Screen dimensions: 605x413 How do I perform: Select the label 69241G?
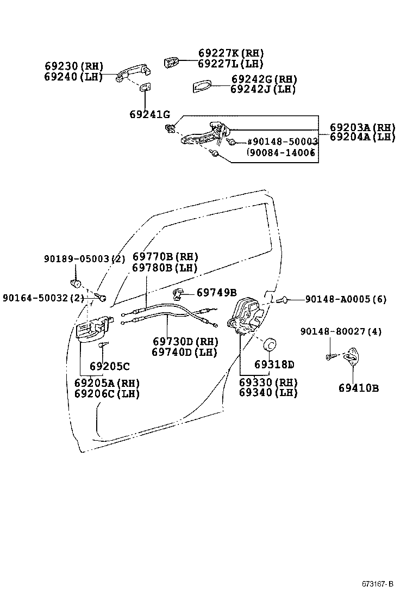tap(149, 115)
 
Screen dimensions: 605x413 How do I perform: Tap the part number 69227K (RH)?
tap(231, 53)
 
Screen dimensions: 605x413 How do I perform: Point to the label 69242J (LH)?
tap(263, 89)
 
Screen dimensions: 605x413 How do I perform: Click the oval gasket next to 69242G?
tap(204, 87)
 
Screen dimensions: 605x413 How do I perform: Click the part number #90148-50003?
tap(283, 141)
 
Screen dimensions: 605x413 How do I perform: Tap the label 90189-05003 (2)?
tap(84, 260)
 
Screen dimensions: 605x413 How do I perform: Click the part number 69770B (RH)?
tap(165, 257)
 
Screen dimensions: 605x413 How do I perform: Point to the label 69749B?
tap(216, 293)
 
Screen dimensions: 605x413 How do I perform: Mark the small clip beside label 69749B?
tap(178, 294)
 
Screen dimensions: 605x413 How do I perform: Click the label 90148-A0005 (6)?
tap(346, 299)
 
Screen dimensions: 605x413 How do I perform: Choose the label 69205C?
tap(110, 366)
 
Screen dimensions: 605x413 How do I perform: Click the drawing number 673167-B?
tap(377, 584)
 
